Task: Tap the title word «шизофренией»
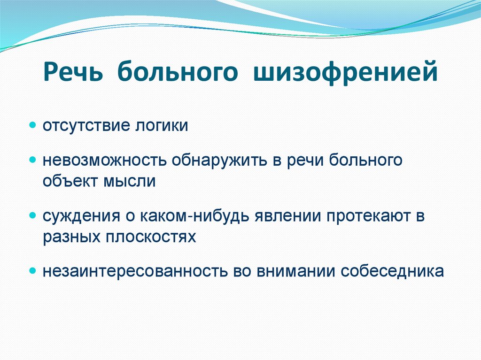pyautogui.click(x=345, y=72)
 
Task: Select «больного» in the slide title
pyautogui.click(x=177, y=72)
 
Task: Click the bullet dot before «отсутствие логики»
pyautogui.click(x=32, y=125)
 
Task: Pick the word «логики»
pyautogui.click(x=162, y=126)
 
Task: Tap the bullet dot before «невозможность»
pyautogui.click(x=32, y=160)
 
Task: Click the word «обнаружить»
pyautogui.click(x=219, y=161)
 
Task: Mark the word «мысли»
pyautogui.click(x=130, y=181)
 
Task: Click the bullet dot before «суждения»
pyautogui.click(x=32, y=215)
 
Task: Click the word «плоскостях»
pyautogui.click(x=151, y=237)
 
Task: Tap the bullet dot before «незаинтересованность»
pyautogui.click(x=32, y=271)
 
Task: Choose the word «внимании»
pyautogui.click(x=295, y=271)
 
